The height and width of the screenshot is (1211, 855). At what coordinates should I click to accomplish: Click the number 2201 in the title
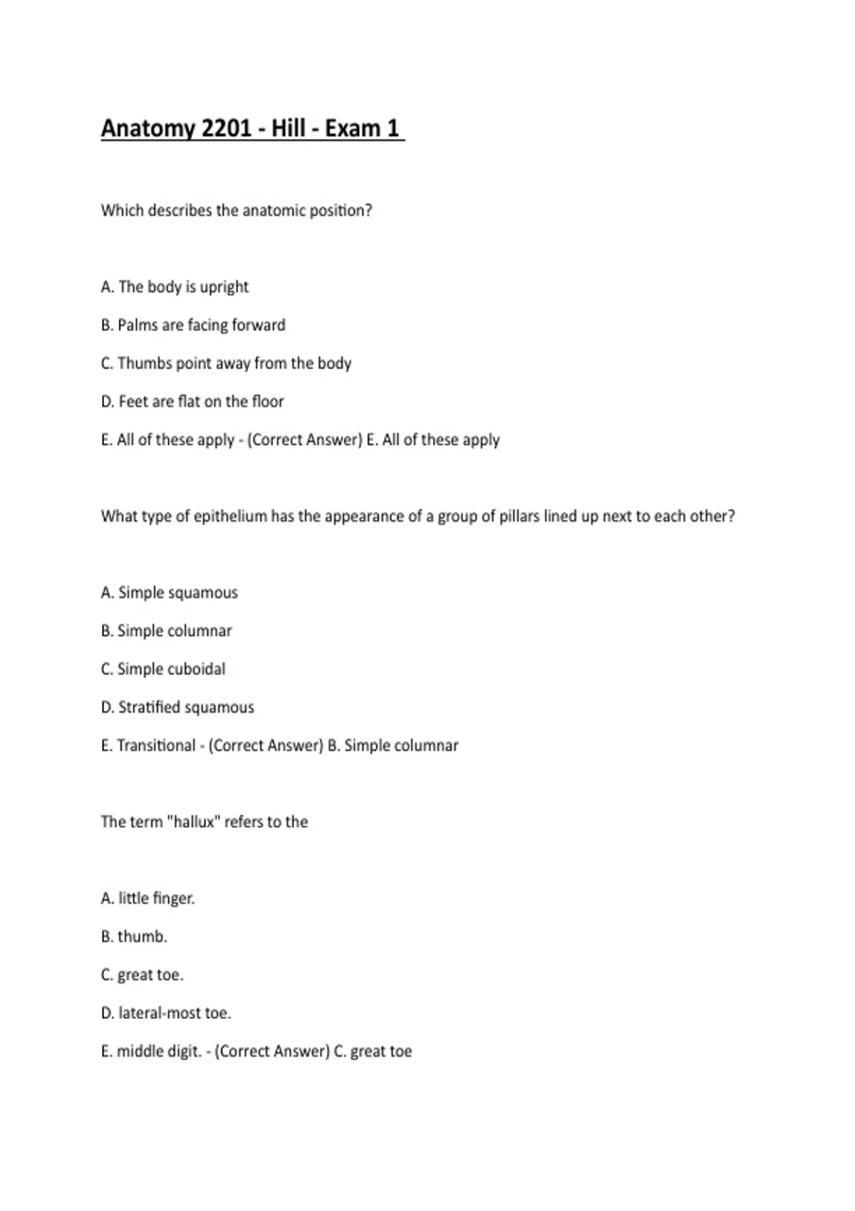(227, 128)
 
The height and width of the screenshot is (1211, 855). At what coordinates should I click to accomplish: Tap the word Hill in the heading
(288, 128)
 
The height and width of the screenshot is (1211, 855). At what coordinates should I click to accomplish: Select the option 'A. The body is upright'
(175, 287)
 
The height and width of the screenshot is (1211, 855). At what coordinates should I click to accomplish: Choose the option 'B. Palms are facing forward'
(193, 326)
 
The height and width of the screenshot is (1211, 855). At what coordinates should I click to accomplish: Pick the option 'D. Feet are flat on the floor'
(192, 402)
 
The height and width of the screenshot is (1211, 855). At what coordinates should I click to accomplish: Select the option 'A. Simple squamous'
(170, 593)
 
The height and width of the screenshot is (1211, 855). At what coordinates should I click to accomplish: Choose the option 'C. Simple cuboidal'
(163, 669)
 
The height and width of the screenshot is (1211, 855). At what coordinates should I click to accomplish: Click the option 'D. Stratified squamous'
(177, 707)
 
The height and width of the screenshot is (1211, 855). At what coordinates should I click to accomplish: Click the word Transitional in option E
(156, 746)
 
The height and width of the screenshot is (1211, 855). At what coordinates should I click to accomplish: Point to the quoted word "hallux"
(194, 822)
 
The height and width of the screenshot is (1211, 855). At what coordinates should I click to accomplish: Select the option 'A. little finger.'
(147, 898)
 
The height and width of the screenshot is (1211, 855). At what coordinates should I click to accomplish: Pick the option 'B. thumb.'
(134, 937)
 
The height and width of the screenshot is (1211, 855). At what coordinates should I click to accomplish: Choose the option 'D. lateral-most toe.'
(166, 1013)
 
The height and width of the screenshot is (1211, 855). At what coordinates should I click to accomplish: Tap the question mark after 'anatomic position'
(368, 211)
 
